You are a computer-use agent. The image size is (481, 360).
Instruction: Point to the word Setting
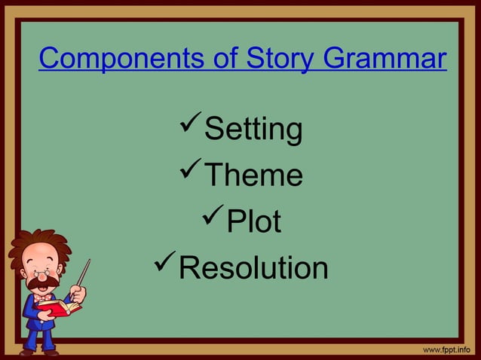click(253, 130)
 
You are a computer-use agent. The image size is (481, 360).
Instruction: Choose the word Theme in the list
click(254, 175)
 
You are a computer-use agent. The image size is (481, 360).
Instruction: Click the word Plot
click(254, 222)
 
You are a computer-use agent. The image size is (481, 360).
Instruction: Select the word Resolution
click(253, 267)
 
